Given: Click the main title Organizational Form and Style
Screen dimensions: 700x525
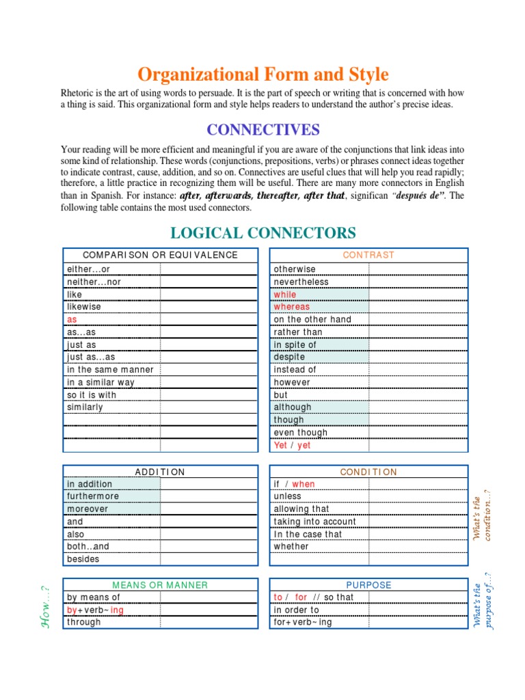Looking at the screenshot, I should tap(263, 74).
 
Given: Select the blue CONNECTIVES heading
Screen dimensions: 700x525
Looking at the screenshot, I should tap(263, 129).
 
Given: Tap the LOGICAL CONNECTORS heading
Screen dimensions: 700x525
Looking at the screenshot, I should tap(263, 232).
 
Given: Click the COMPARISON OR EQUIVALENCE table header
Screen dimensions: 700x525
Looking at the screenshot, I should tap(160, 255).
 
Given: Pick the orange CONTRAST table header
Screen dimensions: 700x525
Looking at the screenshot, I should tap(368, 255).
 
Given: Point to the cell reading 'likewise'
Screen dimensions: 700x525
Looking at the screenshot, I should tap(84, 307).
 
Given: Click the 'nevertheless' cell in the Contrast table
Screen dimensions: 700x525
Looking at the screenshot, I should tap(301, 282).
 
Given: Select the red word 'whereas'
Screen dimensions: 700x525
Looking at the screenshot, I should tap(291, 307).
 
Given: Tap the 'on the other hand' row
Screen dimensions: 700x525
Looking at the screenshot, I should tap(312, 319).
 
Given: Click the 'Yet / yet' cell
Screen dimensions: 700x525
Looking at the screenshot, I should tap(292, 445).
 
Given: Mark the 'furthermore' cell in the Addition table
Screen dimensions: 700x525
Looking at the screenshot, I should tap(93, 496).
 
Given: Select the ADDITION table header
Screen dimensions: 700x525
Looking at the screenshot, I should tap(160, 472).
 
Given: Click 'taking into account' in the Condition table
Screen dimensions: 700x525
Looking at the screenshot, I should tap(314, 522).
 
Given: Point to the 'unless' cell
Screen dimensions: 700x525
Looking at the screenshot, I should tap(287, 496).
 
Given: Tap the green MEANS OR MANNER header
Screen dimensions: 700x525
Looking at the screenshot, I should tap(160, 585).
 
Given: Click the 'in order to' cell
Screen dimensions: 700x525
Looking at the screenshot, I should tap(296, 610).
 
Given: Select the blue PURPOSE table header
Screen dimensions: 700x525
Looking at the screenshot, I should tap(368, 585).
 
